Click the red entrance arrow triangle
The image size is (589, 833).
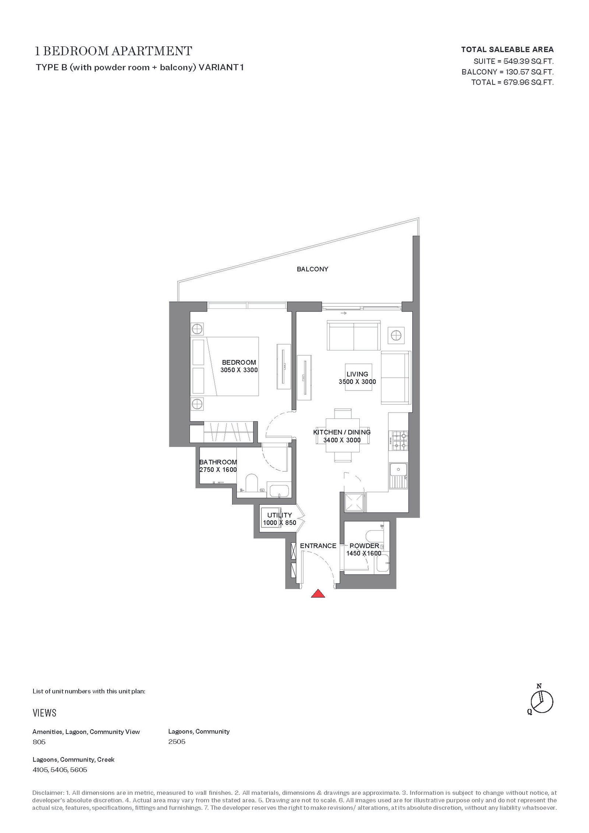pos(318,593)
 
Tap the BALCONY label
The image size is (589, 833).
pos(313,269)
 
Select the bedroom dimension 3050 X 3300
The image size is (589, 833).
pos(239,370)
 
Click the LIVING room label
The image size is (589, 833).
pos(357,374)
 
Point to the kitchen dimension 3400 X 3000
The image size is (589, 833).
pos(342,440)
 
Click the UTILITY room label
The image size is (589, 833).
pos(279,515)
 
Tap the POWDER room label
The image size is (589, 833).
pos(364,546)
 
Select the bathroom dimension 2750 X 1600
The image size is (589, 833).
pos(218,470)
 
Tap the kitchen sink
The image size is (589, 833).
pos(398,476)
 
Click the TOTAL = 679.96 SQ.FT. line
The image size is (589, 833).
pos(512,82)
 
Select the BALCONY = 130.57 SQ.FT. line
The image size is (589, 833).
pos(508,72)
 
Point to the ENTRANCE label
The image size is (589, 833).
pos(318,546)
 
